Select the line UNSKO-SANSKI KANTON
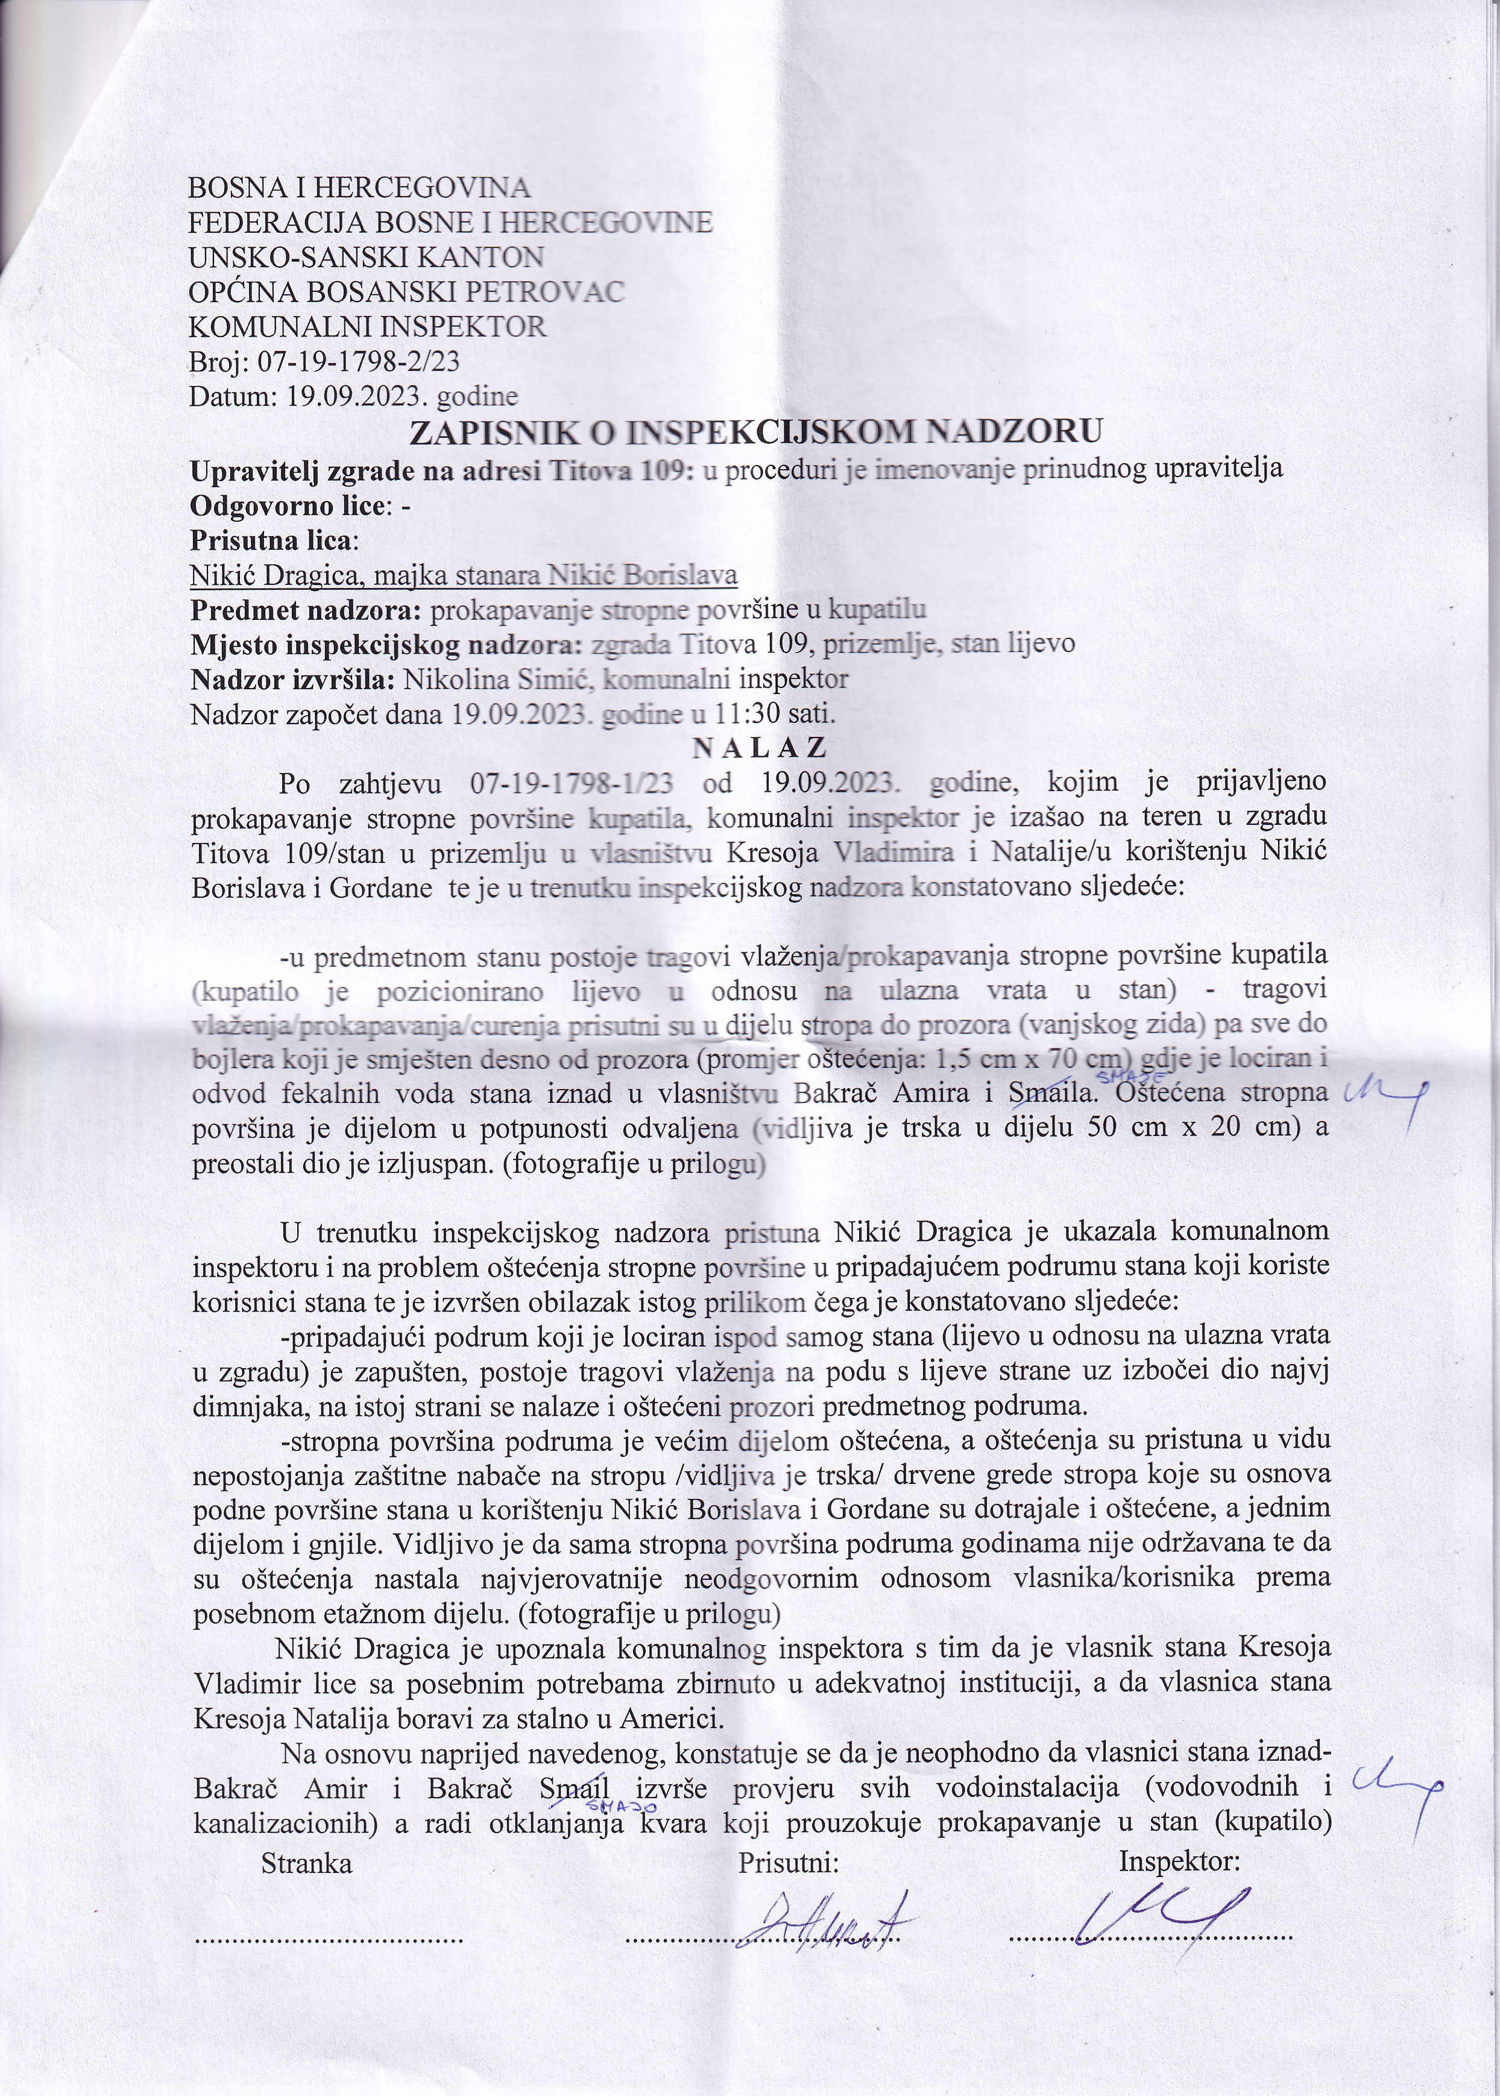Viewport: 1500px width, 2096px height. coord(366,257)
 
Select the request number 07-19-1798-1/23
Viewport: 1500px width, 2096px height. coord(570,783)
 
